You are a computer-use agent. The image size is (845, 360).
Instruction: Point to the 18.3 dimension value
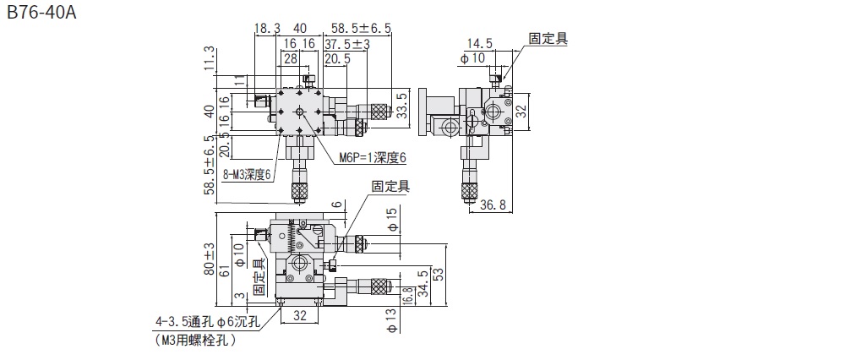click(x=266, y=28)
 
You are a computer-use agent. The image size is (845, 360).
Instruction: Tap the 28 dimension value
click(x=290, y=58)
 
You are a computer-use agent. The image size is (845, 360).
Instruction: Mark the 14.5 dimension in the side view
click(x=478, y=43)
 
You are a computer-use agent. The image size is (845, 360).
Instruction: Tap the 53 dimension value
click(x=438, y=275)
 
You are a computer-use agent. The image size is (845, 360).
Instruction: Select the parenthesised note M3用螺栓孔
click(x=195, y=341)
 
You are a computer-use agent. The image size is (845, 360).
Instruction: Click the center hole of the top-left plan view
click(x=299, y=112)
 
